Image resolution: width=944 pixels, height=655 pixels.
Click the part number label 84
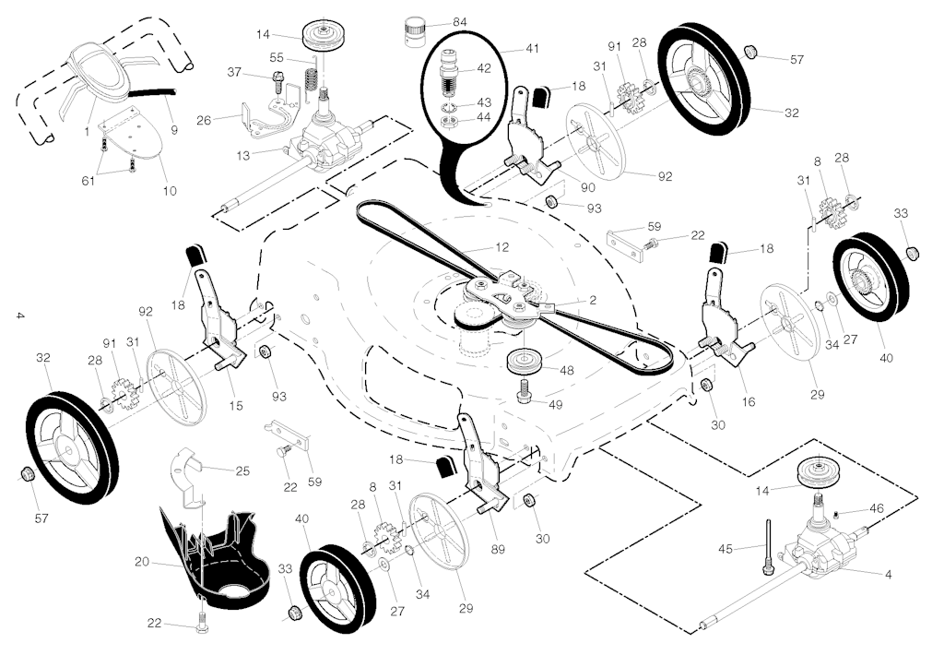(x=460, y=23)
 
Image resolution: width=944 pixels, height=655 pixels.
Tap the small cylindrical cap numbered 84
(x=413, y=30)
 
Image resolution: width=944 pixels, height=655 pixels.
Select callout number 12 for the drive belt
(x=502, y=247)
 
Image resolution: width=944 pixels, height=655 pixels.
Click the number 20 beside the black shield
(x=142, y=562)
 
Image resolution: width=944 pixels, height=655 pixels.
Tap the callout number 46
(x=877, y=508)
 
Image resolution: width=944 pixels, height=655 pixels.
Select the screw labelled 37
(x=278, y=81)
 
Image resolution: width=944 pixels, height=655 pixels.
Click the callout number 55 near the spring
(x=277, y=58)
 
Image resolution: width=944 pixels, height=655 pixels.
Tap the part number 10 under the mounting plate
(x=170, y=191)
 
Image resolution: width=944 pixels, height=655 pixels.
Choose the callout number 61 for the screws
(x=88, y=180)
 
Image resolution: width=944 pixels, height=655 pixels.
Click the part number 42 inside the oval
(x=484, y=68)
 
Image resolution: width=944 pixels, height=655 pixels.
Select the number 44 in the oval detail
(x=484, y=117)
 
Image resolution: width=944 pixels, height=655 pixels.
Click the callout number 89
(x=497, y=549)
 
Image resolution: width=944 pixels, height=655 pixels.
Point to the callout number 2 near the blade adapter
(x=593, y=300)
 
